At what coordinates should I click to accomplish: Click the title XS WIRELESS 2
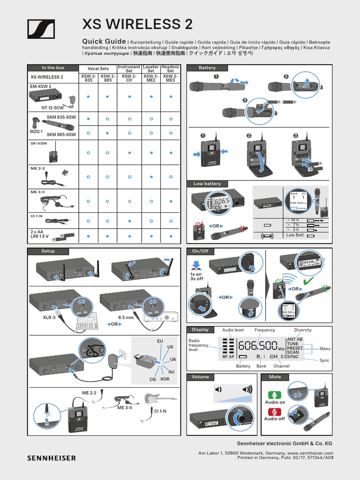(137, 24)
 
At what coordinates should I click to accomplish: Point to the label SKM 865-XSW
(61, 135)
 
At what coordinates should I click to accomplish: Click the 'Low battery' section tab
(207, 184)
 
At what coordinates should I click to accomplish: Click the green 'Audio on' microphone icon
(275, 395)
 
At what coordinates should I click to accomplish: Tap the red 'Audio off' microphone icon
(275, 412)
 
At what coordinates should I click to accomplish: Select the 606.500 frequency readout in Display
(258, 346)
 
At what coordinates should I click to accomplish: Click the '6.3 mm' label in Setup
(126, 318)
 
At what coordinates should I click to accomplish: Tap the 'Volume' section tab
(200, 377)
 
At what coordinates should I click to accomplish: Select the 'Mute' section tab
(275, 377)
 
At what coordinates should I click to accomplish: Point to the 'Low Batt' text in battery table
(295, 235)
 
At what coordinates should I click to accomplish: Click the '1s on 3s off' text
(196, 276)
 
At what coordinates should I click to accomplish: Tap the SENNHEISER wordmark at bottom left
(51, 457)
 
